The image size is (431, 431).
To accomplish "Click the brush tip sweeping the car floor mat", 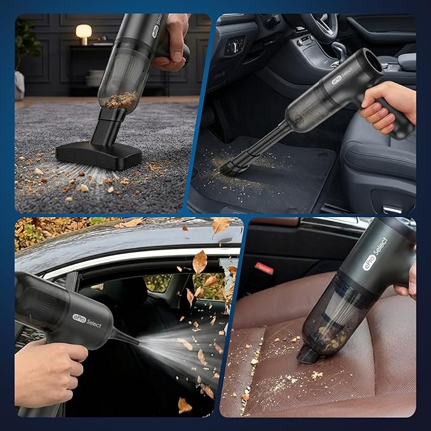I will tap(234, 167).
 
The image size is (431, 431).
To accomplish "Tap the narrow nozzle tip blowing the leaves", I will tap(135, 342).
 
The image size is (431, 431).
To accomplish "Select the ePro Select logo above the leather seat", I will tap(375, 254).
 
